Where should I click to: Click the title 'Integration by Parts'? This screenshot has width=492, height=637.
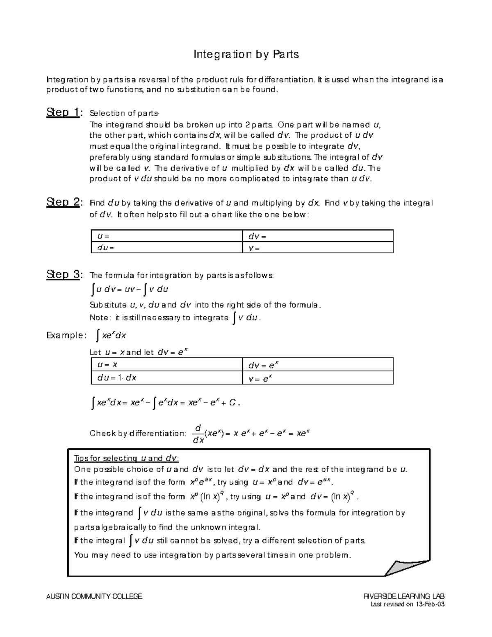tap(246, 54)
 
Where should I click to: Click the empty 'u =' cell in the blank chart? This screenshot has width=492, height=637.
tap(166, 236)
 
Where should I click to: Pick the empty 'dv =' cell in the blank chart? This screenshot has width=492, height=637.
tap(317, 236)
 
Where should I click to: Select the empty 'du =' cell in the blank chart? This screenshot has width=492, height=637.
tap(166, 248)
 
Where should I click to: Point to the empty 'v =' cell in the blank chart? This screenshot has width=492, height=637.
tap(317, 248)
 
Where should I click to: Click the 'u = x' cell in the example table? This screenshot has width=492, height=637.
tap(166, 365)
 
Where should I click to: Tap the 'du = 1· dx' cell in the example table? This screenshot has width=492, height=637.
tap(166, 378)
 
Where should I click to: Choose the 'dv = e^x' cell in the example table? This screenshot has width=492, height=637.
tap(317, 365)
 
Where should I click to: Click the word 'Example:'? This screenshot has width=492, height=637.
tap(66, 336)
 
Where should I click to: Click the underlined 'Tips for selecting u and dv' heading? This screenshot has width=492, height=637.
tap(126, 458)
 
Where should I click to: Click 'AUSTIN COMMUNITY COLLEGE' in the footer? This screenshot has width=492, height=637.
tap(95, 596)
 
